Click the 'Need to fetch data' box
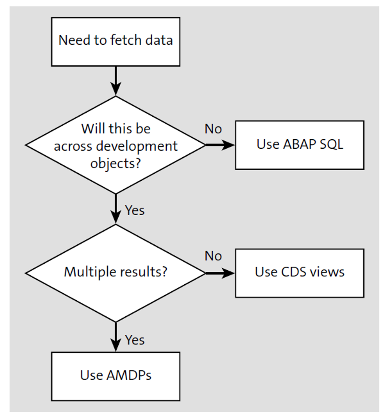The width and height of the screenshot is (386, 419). (115, 41)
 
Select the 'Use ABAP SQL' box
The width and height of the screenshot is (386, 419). (299, 145)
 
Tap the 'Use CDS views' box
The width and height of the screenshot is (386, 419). (299, 273)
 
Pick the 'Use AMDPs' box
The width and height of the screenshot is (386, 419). (115, 376)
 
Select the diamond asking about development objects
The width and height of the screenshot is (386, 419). (115, 145)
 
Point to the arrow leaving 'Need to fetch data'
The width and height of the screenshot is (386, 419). (116, 81)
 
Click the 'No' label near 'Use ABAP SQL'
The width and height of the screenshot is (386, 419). (213, 129)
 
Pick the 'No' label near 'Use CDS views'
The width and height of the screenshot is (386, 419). (213, 256)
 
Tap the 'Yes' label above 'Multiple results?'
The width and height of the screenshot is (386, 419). (135, 210)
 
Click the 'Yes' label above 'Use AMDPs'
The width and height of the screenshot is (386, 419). (135, 340)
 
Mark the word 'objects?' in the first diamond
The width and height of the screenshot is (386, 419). (116, 163)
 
